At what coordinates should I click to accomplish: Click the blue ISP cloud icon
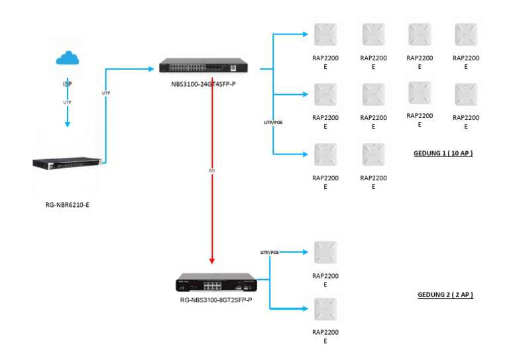coord(67,59)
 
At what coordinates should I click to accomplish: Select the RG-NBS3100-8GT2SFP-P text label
coord(215,300)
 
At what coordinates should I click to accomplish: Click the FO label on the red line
coord(211,170)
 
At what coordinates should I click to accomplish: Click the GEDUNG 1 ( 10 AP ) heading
coord(443,153)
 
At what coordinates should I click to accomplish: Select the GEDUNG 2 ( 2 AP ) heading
coord(445,294)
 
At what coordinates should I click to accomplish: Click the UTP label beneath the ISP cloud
coord(67,103)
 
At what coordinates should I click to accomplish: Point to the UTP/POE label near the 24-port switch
coord(272,123)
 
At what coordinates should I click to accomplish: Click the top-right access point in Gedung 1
coord(465,34)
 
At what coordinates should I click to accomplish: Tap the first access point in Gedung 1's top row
coord(325,34)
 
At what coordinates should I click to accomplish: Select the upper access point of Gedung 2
coord(325,253)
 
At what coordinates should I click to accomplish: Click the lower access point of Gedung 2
coord(325,310)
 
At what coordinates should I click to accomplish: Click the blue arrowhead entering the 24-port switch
coord(150,67)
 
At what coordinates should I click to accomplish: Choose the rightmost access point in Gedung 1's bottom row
coord(373,154)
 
